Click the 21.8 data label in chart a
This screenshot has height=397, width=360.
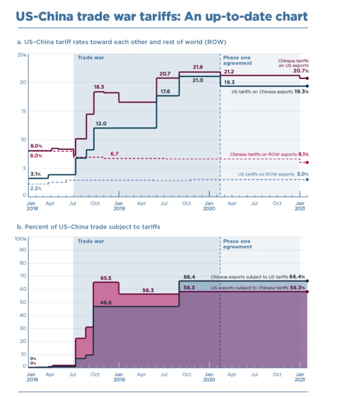point(198,67)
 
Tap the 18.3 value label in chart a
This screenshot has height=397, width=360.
point(99,87)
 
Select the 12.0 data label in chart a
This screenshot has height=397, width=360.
point(101,123)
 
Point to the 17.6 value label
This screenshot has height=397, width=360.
point(165,91)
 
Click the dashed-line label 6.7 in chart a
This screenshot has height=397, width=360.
point(114,153)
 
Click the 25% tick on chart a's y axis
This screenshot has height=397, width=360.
point(22,54)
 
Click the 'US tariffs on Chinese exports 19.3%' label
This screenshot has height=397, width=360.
point(270,92)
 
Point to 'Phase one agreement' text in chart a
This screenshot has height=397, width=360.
point(237,61)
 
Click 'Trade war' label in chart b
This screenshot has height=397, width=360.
point(91,241)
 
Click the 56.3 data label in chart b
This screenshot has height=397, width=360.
point(148,290)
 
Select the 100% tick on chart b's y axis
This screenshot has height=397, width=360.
point(21,238)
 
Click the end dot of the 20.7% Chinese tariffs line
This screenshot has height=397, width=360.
point(307,78)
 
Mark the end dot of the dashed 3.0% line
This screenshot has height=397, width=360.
point(307,180)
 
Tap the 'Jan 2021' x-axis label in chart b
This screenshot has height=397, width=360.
point(300,377)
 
